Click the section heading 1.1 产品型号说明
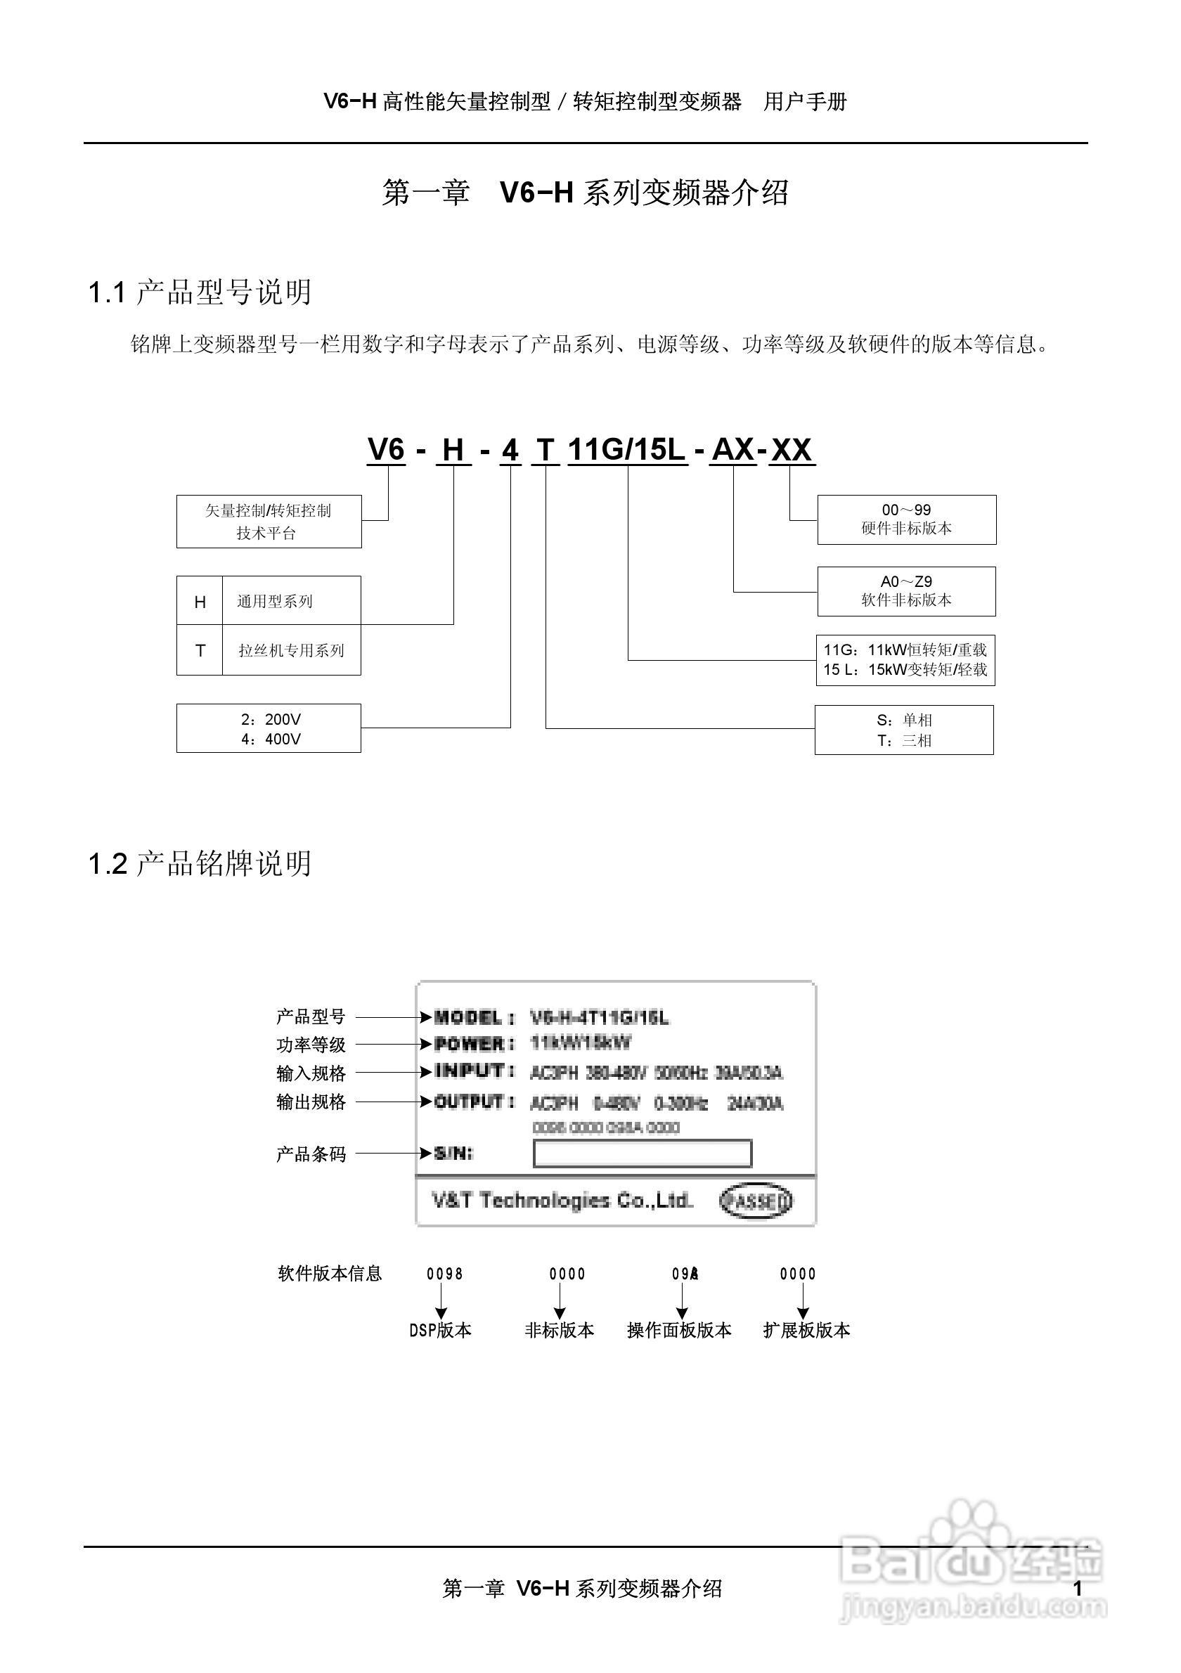(x=200, y=293)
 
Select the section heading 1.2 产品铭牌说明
(x=200, y=863)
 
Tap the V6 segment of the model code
(x=386, y=450)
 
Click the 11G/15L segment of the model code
(x=626, y=451)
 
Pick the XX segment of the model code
(x=792, y=451)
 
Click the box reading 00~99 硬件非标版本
(x=906, y=519)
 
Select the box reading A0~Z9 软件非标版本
(x=906, y=591)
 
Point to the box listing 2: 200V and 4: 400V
(x=269, y=729)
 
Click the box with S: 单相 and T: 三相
(x=904, y=730)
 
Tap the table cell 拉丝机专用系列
(x=291, y=651)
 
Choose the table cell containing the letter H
(x=200, y=602)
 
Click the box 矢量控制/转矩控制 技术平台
(x=269, y=522)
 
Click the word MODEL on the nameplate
(x=467, y=1018)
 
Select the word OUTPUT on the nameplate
(x=469, y=1102)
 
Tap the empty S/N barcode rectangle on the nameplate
(x=642, y=1154)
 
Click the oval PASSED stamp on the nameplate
(x=756, y=1201)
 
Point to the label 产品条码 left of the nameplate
(x=311, y=1154)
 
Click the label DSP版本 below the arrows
(x=440, y=1331)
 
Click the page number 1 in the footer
(x=1078, y=1589)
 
